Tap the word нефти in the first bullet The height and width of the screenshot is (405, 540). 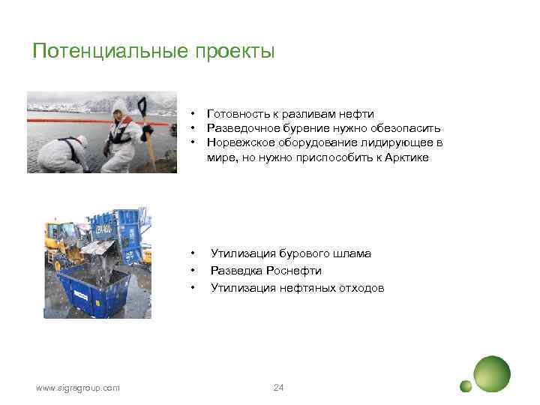point(358,114)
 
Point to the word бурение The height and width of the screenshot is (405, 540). point(304,128)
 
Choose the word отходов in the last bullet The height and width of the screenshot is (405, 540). point(357,287)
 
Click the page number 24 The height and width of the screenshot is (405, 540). point(279,387)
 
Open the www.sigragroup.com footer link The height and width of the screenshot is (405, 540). point(78,388)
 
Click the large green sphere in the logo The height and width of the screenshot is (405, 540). point(492,372)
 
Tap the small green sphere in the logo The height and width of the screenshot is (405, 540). point(466,386)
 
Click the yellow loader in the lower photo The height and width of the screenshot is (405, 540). point(64,240)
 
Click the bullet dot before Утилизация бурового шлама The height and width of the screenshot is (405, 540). point(193,253)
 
